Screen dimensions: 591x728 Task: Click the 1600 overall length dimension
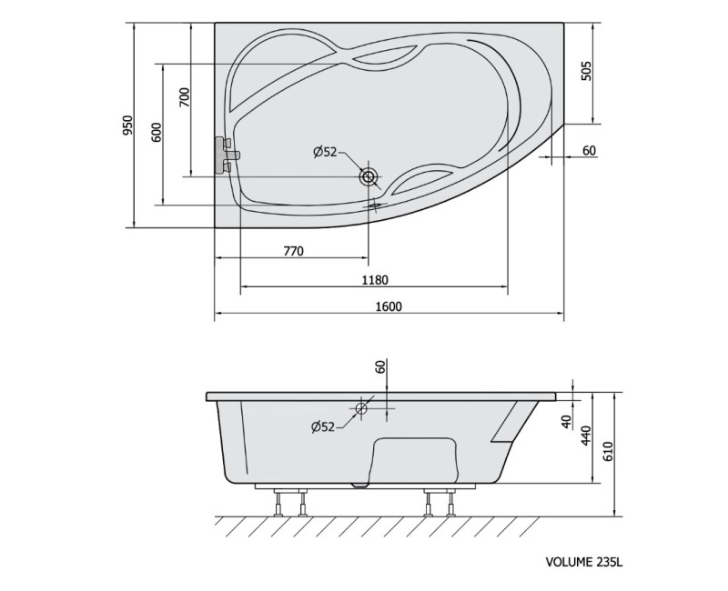pyautogui.click(x=389, y=306)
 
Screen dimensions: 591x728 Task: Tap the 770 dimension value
pyautogui.click(x=291, y=251)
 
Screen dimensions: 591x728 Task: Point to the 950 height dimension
pyautogui.click(x=129, y=125)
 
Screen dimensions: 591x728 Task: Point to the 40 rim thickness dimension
pyautogui.click(x=566, y=422)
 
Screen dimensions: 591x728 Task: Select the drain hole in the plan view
pyautogui.click(x=369, y=176)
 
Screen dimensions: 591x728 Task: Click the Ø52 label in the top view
pyautogui.click(x=325, y=153)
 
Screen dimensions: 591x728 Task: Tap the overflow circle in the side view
pyautogui.click(x=361, y=408)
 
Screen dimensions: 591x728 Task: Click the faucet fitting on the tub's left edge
pyautogui.click(x=225, y=155)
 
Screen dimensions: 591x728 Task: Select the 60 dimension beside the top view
pyautogui.click(x=589, y=151)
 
